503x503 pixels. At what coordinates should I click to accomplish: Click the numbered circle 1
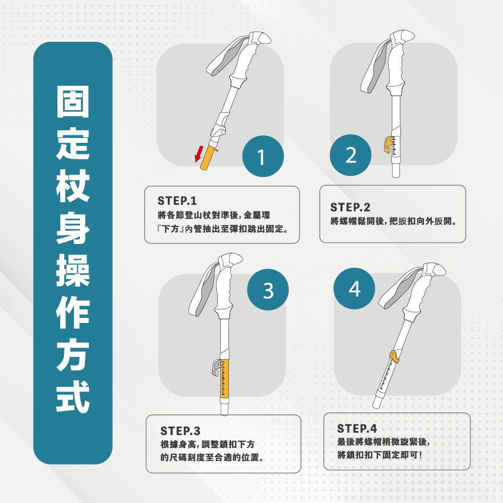click(x=263, y=156)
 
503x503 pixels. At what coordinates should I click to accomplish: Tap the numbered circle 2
click(x=351, y=155)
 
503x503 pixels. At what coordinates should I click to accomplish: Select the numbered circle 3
click(x=268, y=290)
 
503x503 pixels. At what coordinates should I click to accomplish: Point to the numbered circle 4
click(x=354, y=288)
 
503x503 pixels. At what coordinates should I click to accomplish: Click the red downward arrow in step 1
click(x=199, y=154)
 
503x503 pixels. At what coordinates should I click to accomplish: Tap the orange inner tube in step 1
click(x=207, y=157)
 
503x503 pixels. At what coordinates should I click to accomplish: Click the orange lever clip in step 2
click(x=388, y=144)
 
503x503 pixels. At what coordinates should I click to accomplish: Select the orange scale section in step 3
click(x=224, y=379)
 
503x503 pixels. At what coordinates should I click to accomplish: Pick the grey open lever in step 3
click(x=216, y=367)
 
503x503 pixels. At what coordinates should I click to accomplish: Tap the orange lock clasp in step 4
click(x=394, y=357)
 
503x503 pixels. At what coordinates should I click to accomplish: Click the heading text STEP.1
click(x=177, y=201)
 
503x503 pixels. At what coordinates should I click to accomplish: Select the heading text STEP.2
click(x=350, y=207)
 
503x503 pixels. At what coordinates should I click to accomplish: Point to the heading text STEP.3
click(x=180, y=431)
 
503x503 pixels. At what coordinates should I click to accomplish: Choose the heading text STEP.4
click(x=357, y=428)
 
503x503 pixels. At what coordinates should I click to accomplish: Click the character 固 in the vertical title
click(x=73, y=102)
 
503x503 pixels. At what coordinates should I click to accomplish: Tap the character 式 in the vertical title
click(x=73, y=396)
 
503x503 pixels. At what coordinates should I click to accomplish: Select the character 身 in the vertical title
click(x=73, y=227)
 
